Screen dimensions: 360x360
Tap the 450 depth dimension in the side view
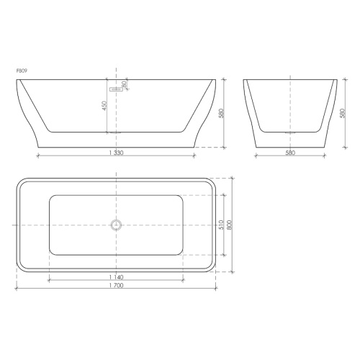pyautogui.click(x=105, y=107)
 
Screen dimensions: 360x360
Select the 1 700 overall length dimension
pyautogui.click(x=115, y=285)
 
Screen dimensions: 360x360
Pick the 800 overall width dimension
pyautogui.click(x=231, y=225)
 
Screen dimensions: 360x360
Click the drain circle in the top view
pyautogui.click(x=115, y=225)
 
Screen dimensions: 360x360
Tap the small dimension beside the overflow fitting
pyautogui.click(x=125, y=85)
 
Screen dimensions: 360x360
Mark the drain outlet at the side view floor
pyautogui.click(x=115, y=133)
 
